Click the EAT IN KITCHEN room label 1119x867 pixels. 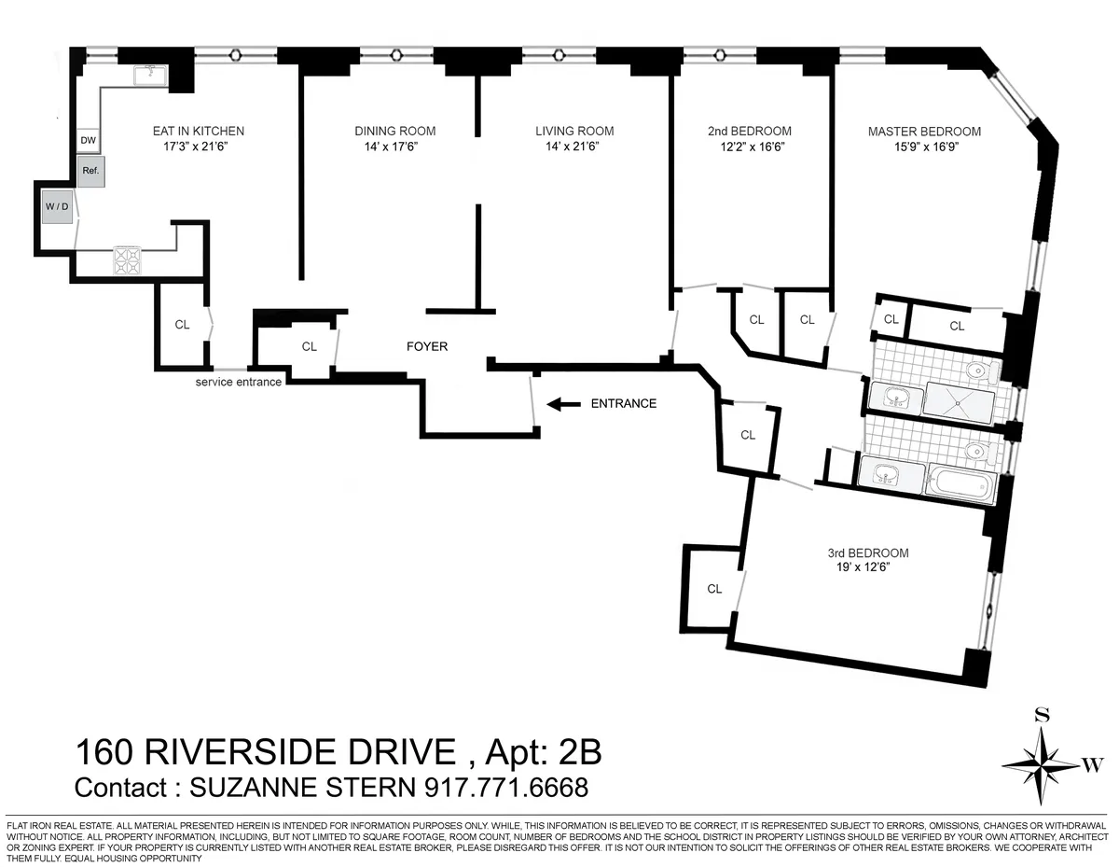[x=198, y=132]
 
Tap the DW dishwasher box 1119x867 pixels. [x=89, y=141]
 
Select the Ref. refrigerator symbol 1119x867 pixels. [x=90, y=172]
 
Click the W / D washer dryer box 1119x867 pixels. [x=55, y=207]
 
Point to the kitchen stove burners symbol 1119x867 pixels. [x=126, y=259]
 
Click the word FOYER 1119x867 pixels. [x=427, y=346]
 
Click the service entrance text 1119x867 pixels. [x=238, y=382]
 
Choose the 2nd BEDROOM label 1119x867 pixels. [x=749, y=132]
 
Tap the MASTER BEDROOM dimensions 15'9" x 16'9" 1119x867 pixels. [x=924, y=147]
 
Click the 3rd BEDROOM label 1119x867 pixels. [x=873, y=552]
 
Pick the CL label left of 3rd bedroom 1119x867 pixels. [x=714, y=589]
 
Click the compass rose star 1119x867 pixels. [x=1042, y=764]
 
